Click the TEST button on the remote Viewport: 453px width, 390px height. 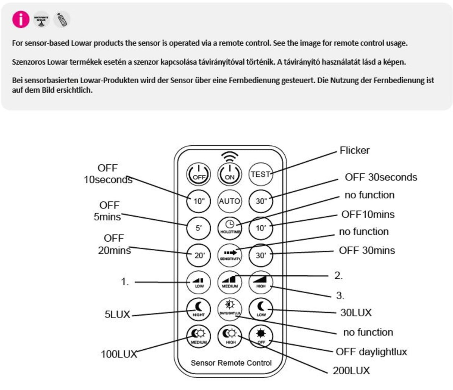tap(260, 174)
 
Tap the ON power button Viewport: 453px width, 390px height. tap(229, 174)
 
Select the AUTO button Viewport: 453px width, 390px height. tap(229, 201)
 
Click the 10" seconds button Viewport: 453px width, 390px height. tap(199, 201)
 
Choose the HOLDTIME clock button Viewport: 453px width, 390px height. tap(230, 227)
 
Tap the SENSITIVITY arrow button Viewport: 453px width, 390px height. tap(230, 255)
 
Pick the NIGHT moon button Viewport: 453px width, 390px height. tap(199, 309)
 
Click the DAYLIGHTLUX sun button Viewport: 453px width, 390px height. tap(230, 308)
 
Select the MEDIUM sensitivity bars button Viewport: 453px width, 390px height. tap(230, 282)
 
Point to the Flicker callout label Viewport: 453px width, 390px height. tap(354, 150)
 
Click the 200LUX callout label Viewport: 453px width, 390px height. tap(351, 371)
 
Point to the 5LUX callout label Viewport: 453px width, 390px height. tap(117, 315)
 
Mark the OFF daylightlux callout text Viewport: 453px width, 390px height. tap(371, 352)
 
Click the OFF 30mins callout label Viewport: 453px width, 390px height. tap(366, 250)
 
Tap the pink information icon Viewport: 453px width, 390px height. tap(21, 19)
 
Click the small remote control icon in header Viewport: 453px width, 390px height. tap(62, 19)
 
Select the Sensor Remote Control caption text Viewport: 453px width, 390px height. tap(231, 363)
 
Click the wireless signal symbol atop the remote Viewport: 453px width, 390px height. tap(229, 156)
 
